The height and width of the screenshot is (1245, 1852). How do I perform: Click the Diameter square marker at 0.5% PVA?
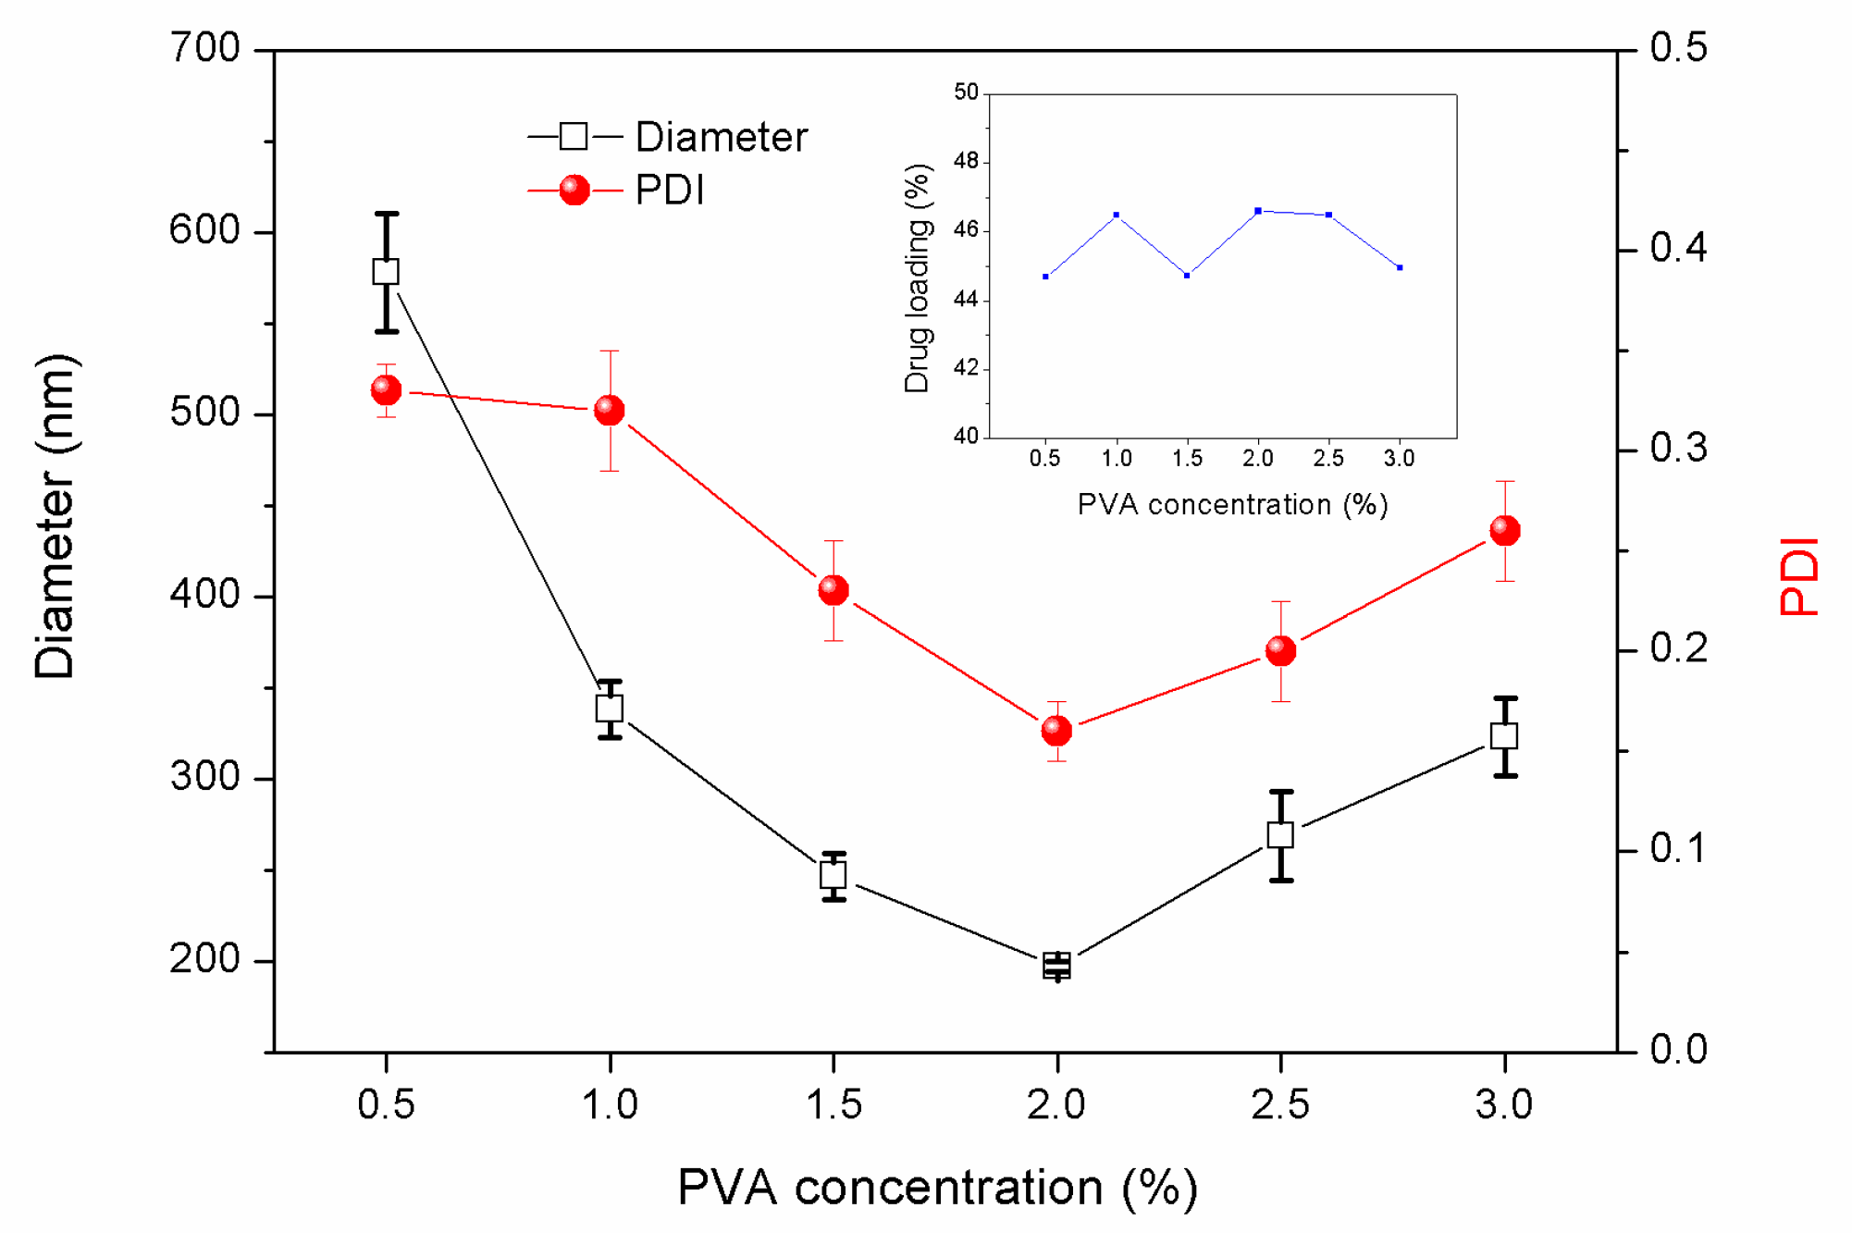[386, 272]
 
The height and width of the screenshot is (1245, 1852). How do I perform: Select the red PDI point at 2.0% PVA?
[1056, 731]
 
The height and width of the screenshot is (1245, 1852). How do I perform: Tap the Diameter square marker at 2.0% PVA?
[1056, 966]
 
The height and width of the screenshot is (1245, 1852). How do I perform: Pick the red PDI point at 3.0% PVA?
[1505, 531]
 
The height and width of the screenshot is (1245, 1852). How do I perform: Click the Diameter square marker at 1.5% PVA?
[833, 874]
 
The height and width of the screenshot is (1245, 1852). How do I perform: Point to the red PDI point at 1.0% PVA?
[610, 410]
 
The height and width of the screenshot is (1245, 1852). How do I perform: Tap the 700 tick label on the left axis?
[205, 48]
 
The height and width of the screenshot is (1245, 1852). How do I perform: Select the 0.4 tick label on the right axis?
[1678, 248]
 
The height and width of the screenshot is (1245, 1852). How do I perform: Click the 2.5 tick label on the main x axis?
[1280, 1104]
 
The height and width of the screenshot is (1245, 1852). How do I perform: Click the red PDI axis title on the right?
[1798, 576]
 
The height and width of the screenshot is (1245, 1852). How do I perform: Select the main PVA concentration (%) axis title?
[937, 1188]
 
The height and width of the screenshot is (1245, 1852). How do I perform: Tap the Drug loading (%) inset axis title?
[917, 278]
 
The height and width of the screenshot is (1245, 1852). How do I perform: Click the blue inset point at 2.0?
[1258, 211]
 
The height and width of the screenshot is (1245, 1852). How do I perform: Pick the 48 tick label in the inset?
[966, 161]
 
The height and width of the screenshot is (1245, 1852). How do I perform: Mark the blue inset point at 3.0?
[1400, 267]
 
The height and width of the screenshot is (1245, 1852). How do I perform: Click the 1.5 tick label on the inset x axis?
[1187, 458]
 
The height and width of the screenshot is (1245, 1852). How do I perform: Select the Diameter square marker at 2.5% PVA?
[1280, 835]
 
